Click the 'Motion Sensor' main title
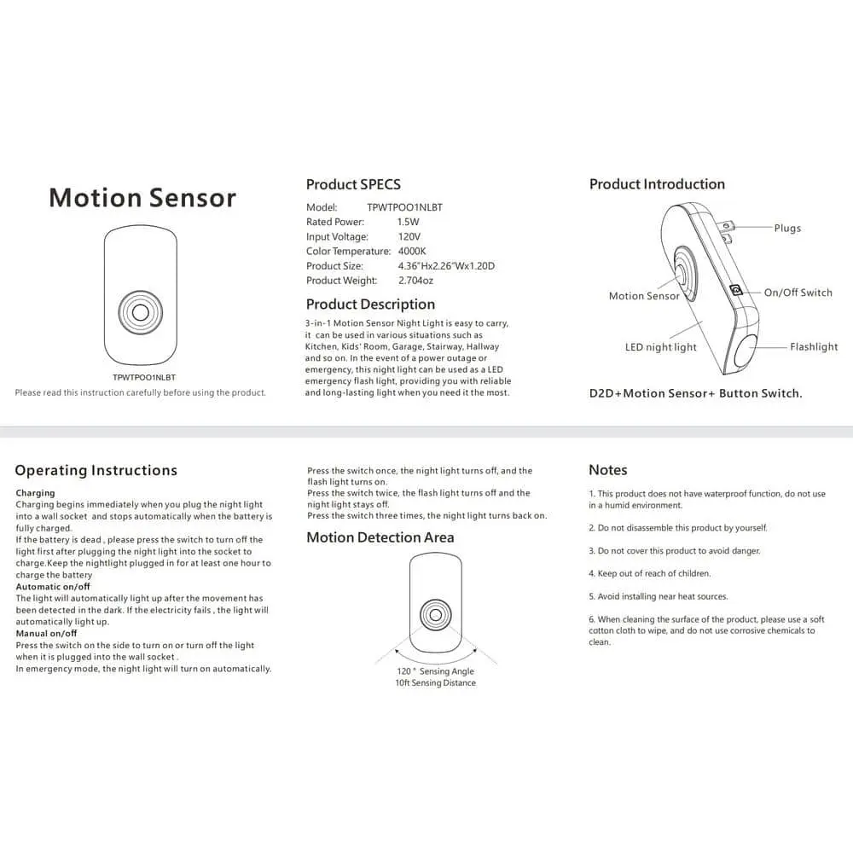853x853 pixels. click(x=142, y=197)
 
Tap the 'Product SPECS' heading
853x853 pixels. click(x=353, y=184)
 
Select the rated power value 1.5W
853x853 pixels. click(x=409, y=222)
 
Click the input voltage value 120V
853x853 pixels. click(x=409, y=236)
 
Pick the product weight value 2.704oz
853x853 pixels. click(x=416, y=281)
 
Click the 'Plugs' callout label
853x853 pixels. click(x=787, y=228)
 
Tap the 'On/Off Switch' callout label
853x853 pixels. click(x=798, y=293)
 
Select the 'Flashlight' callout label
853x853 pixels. click(x=813, y=347)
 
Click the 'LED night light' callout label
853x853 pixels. click(x=660, y=347)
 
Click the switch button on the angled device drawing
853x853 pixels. click(x=736, y=290)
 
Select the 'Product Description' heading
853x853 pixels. click(x=370, y=305)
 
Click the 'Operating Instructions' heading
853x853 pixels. click(x=96, y=470)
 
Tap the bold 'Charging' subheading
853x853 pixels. click(x=35, y=493)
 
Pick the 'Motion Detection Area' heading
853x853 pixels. click(x=380, y=537)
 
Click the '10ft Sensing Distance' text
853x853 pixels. click(x=435, y=683)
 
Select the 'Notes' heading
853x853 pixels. click(x=607, y=470)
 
